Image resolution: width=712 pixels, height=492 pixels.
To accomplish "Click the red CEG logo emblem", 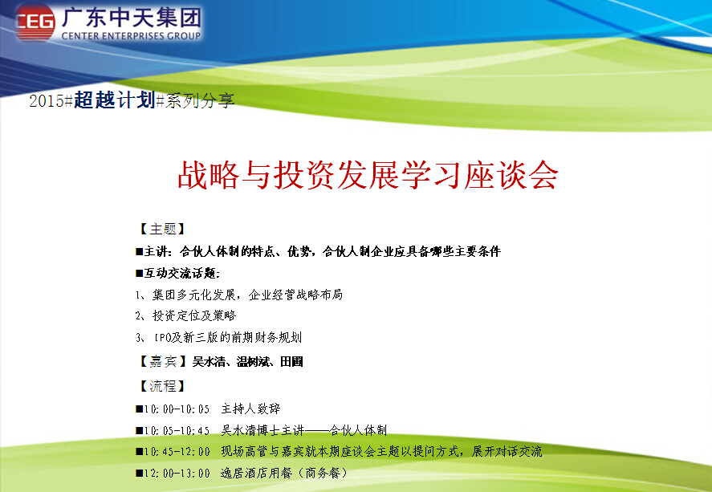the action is point(35,22).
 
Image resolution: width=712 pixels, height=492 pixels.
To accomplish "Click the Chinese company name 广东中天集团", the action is point(131,17).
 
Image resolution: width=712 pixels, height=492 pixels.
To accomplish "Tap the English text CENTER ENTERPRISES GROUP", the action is point(131,36).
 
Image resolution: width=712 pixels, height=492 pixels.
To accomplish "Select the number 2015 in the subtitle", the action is point(47,101).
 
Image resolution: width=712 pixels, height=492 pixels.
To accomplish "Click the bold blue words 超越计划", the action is point(115,100).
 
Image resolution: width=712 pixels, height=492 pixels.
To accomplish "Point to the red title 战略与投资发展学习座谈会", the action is point(368,175).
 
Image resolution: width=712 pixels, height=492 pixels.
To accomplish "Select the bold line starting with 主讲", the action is point(318,251).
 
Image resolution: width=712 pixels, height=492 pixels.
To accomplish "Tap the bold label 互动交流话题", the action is point(177,273).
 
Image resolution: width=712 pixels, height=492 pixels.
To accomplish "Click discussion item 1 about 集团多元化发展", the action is point(239,295).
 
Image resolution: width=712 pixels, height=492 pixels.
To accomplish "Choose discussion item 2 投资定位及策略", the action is point(185,315).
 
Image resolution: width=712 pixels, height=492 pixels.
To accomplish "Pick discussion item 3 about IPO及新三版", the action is point(218,337).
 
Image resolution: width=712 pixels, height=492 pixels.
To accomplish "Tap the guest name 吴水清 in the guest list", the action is point(209,362).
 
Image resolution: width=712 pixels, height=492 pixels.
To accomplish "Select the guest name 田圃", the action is point(291,362).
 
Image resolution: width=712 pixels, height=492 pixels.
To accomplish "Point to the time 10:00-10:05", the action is point(177,409).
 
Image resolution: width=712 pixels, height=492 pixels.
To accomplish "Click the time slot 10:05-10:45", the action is point(177,430).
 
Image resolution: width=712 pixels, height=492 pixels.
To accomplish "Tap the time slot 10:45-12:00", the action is point(177,452).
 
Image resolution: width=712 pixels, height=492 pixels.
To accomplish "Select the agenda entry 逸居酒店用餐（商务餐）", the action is point(284,473).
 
